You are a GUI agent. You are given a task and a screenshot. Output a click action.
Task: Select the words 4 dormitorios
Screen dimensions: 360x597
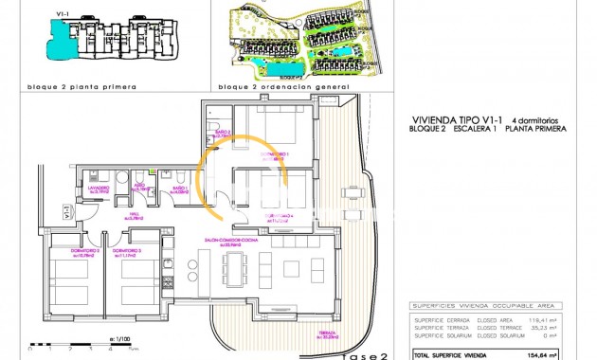[538, 118]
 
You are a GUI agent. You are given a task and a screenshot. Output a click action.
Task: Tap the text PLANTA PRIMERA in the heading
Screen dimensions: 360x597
[535, 128]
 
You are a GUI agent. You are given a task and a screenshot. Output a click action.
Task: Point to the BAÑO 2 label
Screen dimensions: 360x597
[219, 134]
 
